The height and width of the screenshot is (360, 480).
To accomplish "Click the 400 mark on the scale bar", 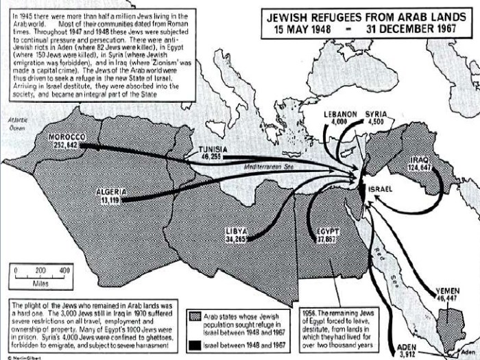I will (66, 271).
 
